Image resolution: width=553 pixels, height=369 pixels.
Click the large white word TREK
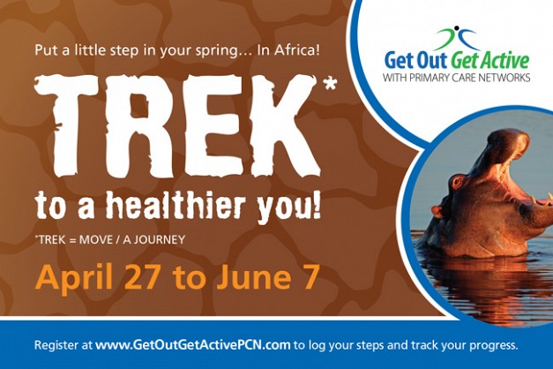(x=177, y=127)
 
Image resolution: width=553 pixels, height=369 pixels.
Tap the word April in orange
(x=73, y=278)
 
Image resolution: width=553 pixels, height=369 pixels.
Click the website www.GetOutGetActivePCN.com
(x=192, y=344)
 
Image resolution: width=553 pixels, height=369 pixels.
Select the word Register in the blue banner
(x=57, y=345)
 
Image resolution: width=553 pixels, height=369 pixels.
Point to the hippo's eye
(x=458, y=182)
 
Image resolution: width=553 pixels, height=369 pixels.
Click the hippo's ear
(x=436, y=211)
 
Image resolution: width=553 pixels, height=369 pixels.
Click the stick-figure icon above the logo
(x=456, y=38)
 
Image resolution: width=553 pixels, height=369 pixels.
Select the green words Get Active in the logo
(x=490, y=60)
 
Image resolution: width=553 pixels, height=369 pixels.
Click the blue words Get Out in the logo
(x=416, y=61)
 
